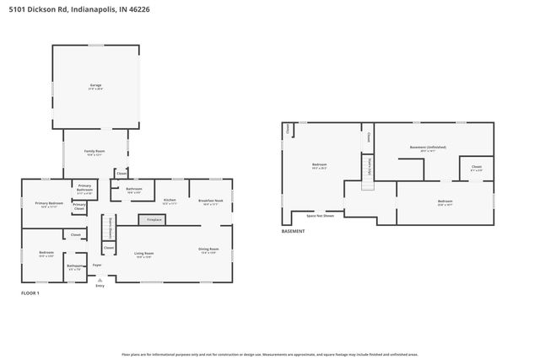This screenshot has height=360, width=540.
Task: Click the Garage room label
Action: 95,85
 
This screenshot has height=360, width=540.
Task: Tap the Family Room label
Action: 94,152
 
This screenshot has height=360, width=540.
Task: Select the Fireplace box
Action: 154,219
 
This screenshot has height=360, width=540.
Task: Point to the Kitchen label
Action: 169,201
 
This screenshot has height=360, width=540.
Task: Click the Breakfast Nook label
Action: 210,201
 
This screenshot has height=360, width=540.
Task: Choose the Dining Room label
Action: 208,249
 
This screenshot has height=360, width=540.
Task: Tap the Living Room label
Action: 143,253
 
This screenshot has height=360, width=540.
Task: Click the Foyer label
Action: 97,265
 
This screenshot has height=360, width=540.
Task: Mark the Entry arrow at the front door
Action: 100,281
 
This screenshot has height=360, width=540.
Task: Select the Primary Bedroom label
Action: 49,203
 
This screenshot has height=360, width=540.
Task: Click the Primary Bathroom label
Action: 85,188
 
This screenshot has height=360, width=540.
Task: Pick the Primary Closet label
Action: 78,206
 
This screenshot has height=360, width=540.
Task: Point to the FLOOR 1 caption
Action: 31,293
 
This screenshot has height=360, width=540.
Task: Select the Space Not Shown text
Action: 320,215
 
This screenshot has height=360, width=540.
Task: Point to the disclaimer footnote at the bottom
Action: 269,355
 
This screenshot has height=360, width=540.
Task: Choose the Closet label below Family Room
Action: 121,175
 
